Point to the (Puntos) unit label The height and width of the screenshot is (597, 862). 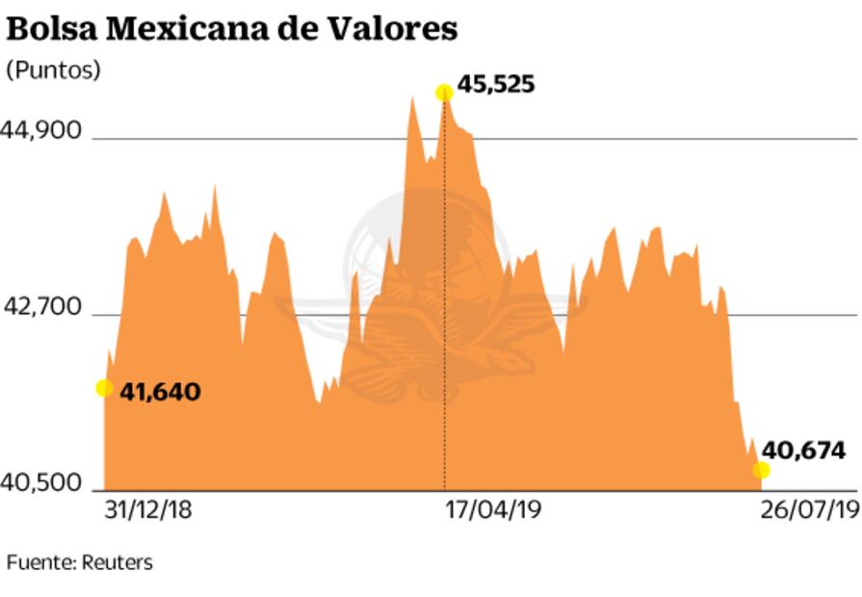[x=53, y=71]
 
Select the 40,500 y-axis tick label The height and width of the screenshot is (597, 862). [x=44, y=482]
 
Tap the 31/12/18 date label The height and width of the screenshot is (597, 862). [x=147, y=510]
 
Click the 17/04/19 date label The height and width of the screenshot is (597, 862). [x=494, y=510]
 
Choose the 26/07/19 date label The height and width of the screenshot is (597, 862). [x=809, y=510]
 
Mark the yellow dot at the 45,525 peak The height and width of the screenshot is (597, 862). [x=444, y=92]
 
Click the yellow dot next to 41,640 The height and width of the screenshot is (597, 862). [x=104, y=388]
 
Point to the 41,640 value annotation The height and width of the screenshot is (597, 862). [x=160, y=392]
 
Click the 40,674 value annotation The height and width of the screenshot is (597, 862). [x=803, y=450]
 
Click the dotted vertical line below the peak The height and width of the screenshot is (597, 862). [x=444, y=289]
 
